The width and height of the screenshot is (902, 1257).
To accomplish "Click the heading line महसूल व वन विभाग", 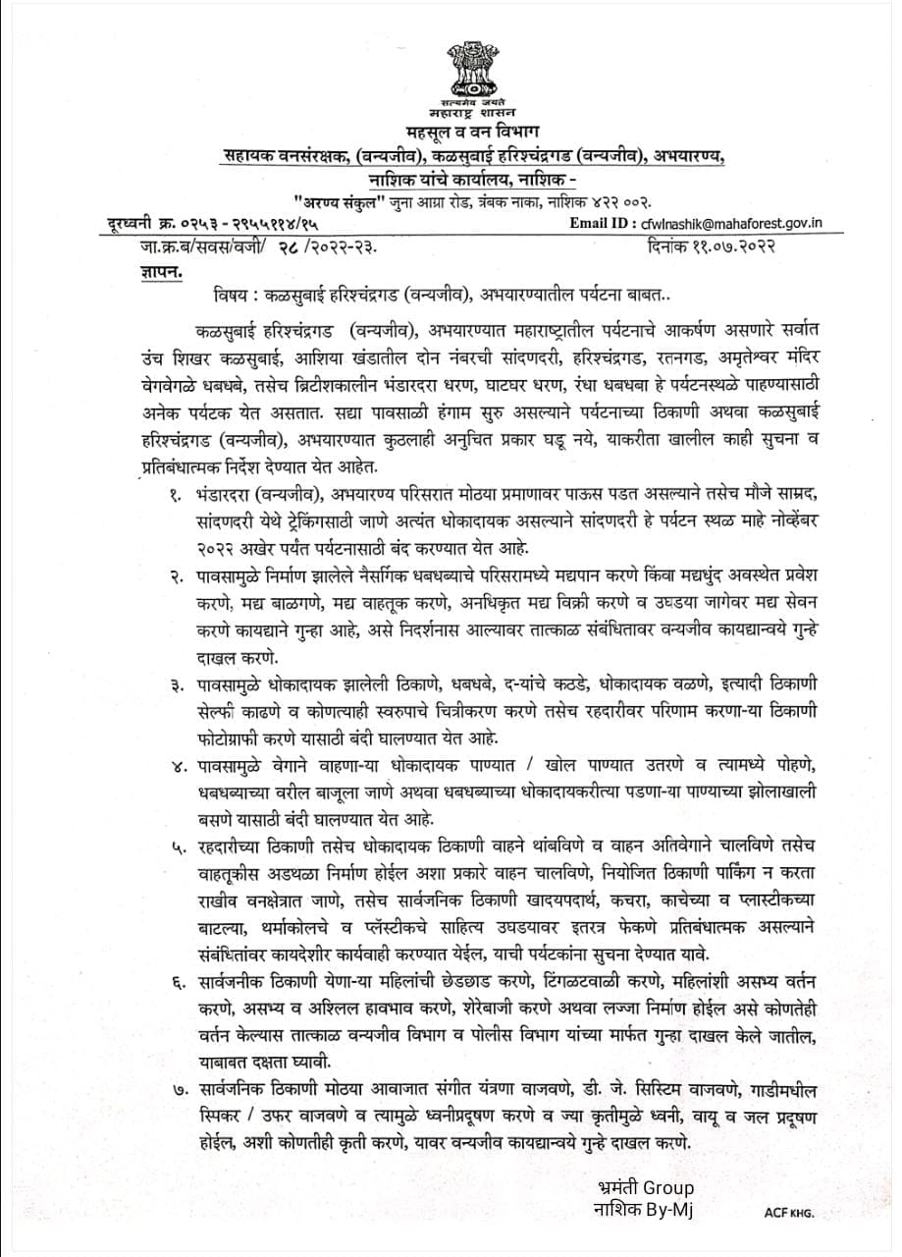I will point(472,132).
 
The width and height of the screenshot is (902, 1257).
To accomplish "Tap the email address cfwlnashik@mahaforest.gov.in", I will point(728,224).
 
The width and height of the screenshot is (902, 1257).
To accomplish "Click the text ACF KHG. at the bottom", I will point(789,1212).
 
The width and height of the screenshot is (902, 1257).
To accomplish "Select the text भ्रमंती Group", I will point(644,1187).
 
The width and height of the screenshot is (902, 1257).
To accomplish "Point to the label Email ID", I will point(604,224).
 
